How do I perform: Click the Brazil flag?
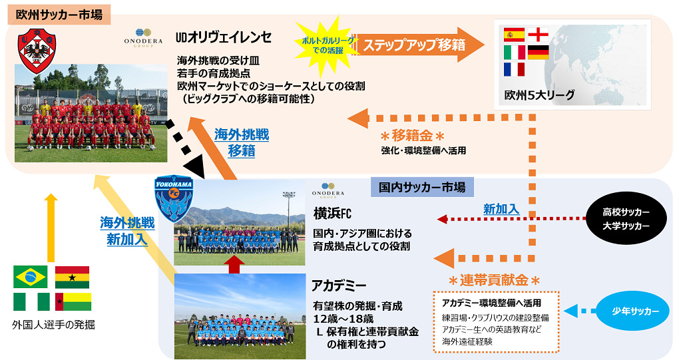[31, 277]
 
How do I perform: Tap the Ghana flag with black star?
[73, 277]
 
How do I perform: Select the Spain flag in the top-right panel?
[514, 35]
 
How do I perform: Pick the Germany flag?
[539, 53]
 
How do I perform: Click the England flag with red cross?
[539, 35]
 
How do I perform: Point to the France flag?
[514, 69]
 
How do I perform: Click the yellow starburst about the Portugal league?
[328, 45]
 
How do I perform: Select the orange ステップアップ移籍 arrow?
[418, 45]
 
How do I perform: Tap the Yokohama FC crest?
[174, 198]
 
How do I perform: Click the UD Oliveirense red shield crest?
[37, 51]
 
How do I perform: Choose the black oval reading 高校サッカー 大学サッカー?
[626, 218]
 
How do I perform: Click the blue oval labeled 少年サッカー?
[635, 311]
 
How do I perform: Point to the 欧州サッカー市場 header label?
[59, 15]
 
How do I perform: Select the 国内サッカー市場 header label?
[422, 188]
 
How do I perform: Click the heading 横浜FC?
[333, 214]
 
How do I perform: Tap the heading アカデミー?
[339, 285]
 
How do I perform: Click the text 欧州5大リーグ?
[539, 95]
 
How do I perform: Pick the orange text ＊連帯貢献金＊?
[494, 280]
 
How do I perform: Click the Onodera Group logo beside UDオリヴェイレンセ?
[143, 38]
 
